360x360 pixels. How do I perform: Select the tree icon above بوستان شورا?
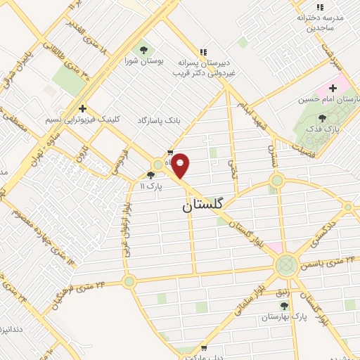(x=144, y=49)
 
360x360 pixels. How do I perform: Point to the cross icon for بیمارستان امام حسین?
(x=333, y=89)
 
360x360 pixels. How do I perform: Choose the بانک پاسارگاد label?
(x=158, y=121)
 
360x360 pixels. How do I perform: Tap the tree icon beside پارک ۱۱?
(x=150, y=175)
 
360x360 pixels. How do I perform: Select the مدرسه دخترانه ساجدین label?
(x=320, y=21)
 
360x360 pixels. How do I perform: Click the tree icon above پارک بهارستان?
(x=284, y=306)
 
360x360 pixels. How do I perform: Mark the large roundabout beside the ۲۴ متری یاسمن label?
(x=286, y=265)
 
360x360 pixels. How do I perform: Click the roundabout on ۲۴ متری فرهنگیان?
(x=129, y=281)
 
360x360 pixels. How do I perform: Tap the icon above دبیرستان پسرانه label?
(x=204, y=51)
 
